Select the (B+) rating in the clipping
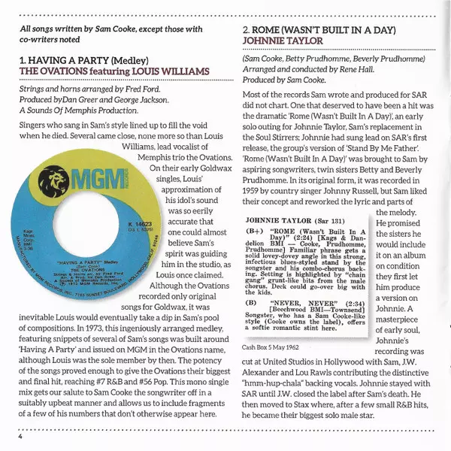(257, 233)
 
